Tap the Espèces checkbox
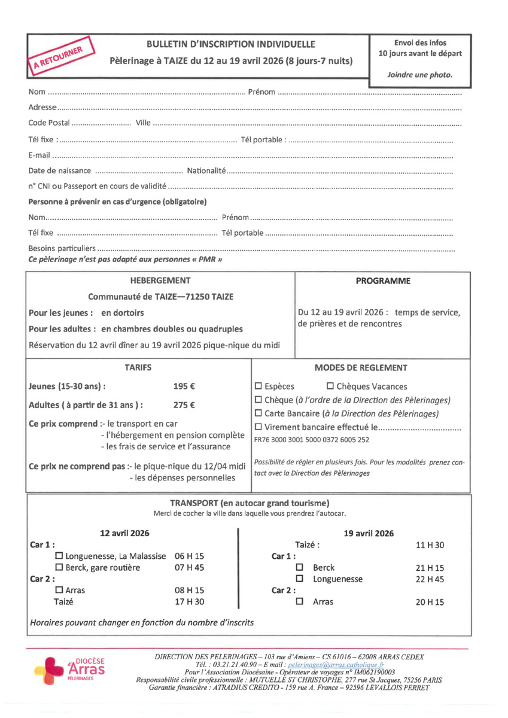[258, 387]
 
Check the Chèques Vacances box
[330, 387]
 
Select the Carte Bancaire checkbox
[258, 413]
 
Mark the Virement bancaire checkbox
[258, 427]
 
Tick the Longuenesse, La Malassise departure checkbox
[59, 556]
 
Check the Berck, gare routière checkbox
[59, 568]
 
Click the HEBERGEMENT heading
[160, 281]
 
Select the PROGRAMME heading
[383, 281]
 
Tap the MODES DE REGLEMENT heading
[360, 368]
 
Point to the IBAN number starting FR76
[311, 440]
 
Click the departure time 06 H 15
[189, 556]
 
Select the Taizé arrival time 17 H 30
[189, 602]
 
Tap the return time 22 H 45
[430, 579]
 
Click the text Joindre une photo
[419, 75]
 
